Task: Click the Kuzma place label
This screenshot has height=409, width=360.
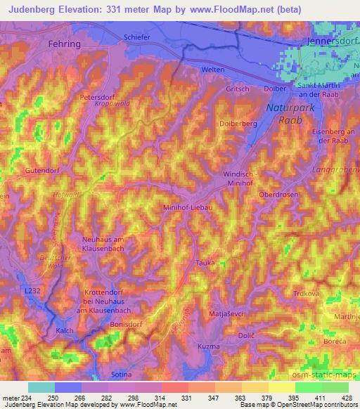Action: [210, 347]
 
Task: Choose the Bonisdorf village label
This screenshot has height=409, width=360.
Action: [127, 325]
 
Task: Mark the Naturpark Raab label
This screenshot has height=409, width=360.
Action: [285, 114]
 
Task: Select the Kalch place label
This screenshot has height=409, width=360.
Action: [65, 330]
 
